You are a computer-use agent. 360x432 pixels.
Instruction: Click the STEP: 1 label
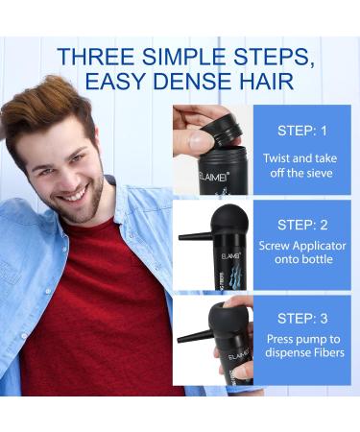tap(303, 131)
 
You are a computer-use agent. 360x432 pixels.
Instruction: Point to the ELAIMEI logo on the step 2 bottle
tap(217, 253)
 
